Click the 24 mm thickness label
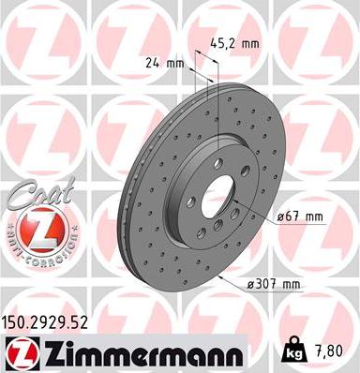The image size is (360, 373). click(163, 65)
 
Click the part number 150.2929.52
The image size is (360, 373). click(52, 321)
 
